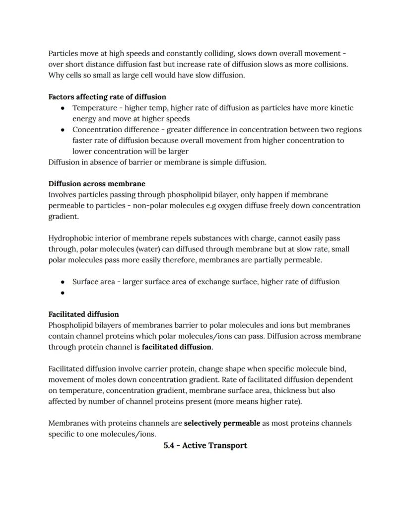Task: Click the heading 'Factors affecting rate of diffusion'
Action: [107, 97]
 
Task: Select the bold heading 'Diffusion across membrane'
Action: [97, 184]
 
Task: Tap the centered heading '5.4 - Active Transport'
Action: [205, 446]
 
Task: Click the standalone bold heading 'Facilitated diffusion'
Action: [83, 314]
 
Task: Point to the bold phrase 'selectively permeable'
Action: [222, 423]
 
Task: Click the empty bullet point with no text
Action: [63, 293]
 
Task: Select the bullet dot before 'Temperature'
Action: [63, 108]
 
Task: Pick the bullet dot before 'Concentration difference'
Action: [63, 130]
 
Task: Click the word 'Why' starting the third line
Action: [56, 75]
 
